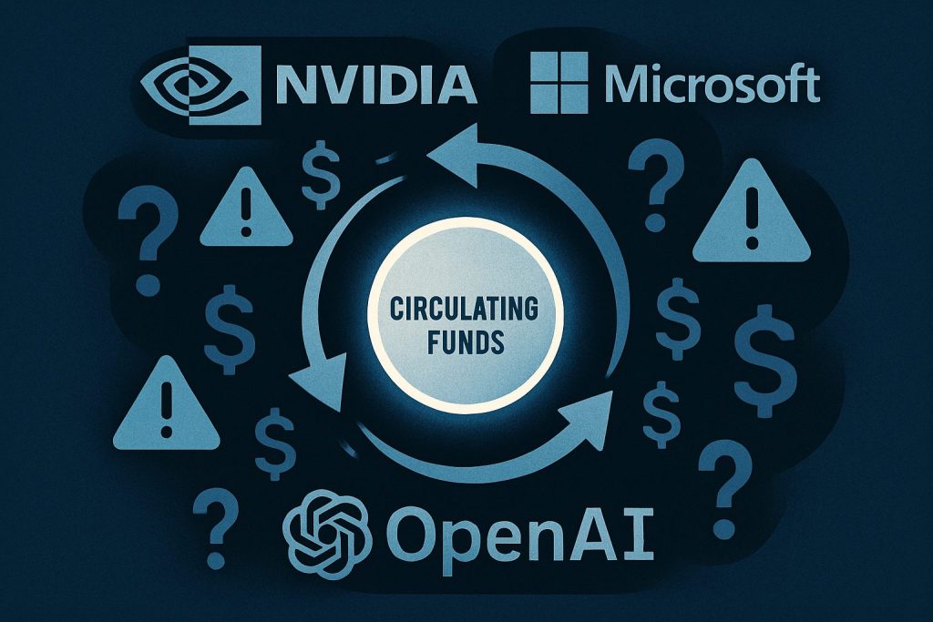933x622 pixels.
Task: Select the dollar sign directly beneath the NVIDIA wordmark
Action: tap(321, 176)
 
